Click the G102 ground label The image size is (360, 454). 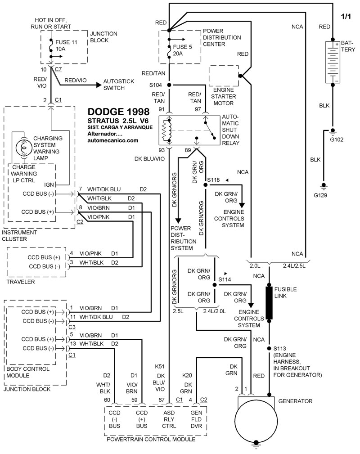336,139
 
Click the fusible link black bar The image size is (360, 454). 270,302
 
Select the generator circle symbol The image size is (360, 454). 256,422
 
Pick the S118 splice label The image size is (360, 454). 214,180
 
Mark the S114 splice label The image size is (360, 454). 225,279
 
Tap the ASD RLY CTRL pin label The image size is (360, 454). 169,420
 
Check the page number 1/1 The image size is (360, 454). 347,16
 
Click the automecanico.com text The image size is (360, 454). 113,140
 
